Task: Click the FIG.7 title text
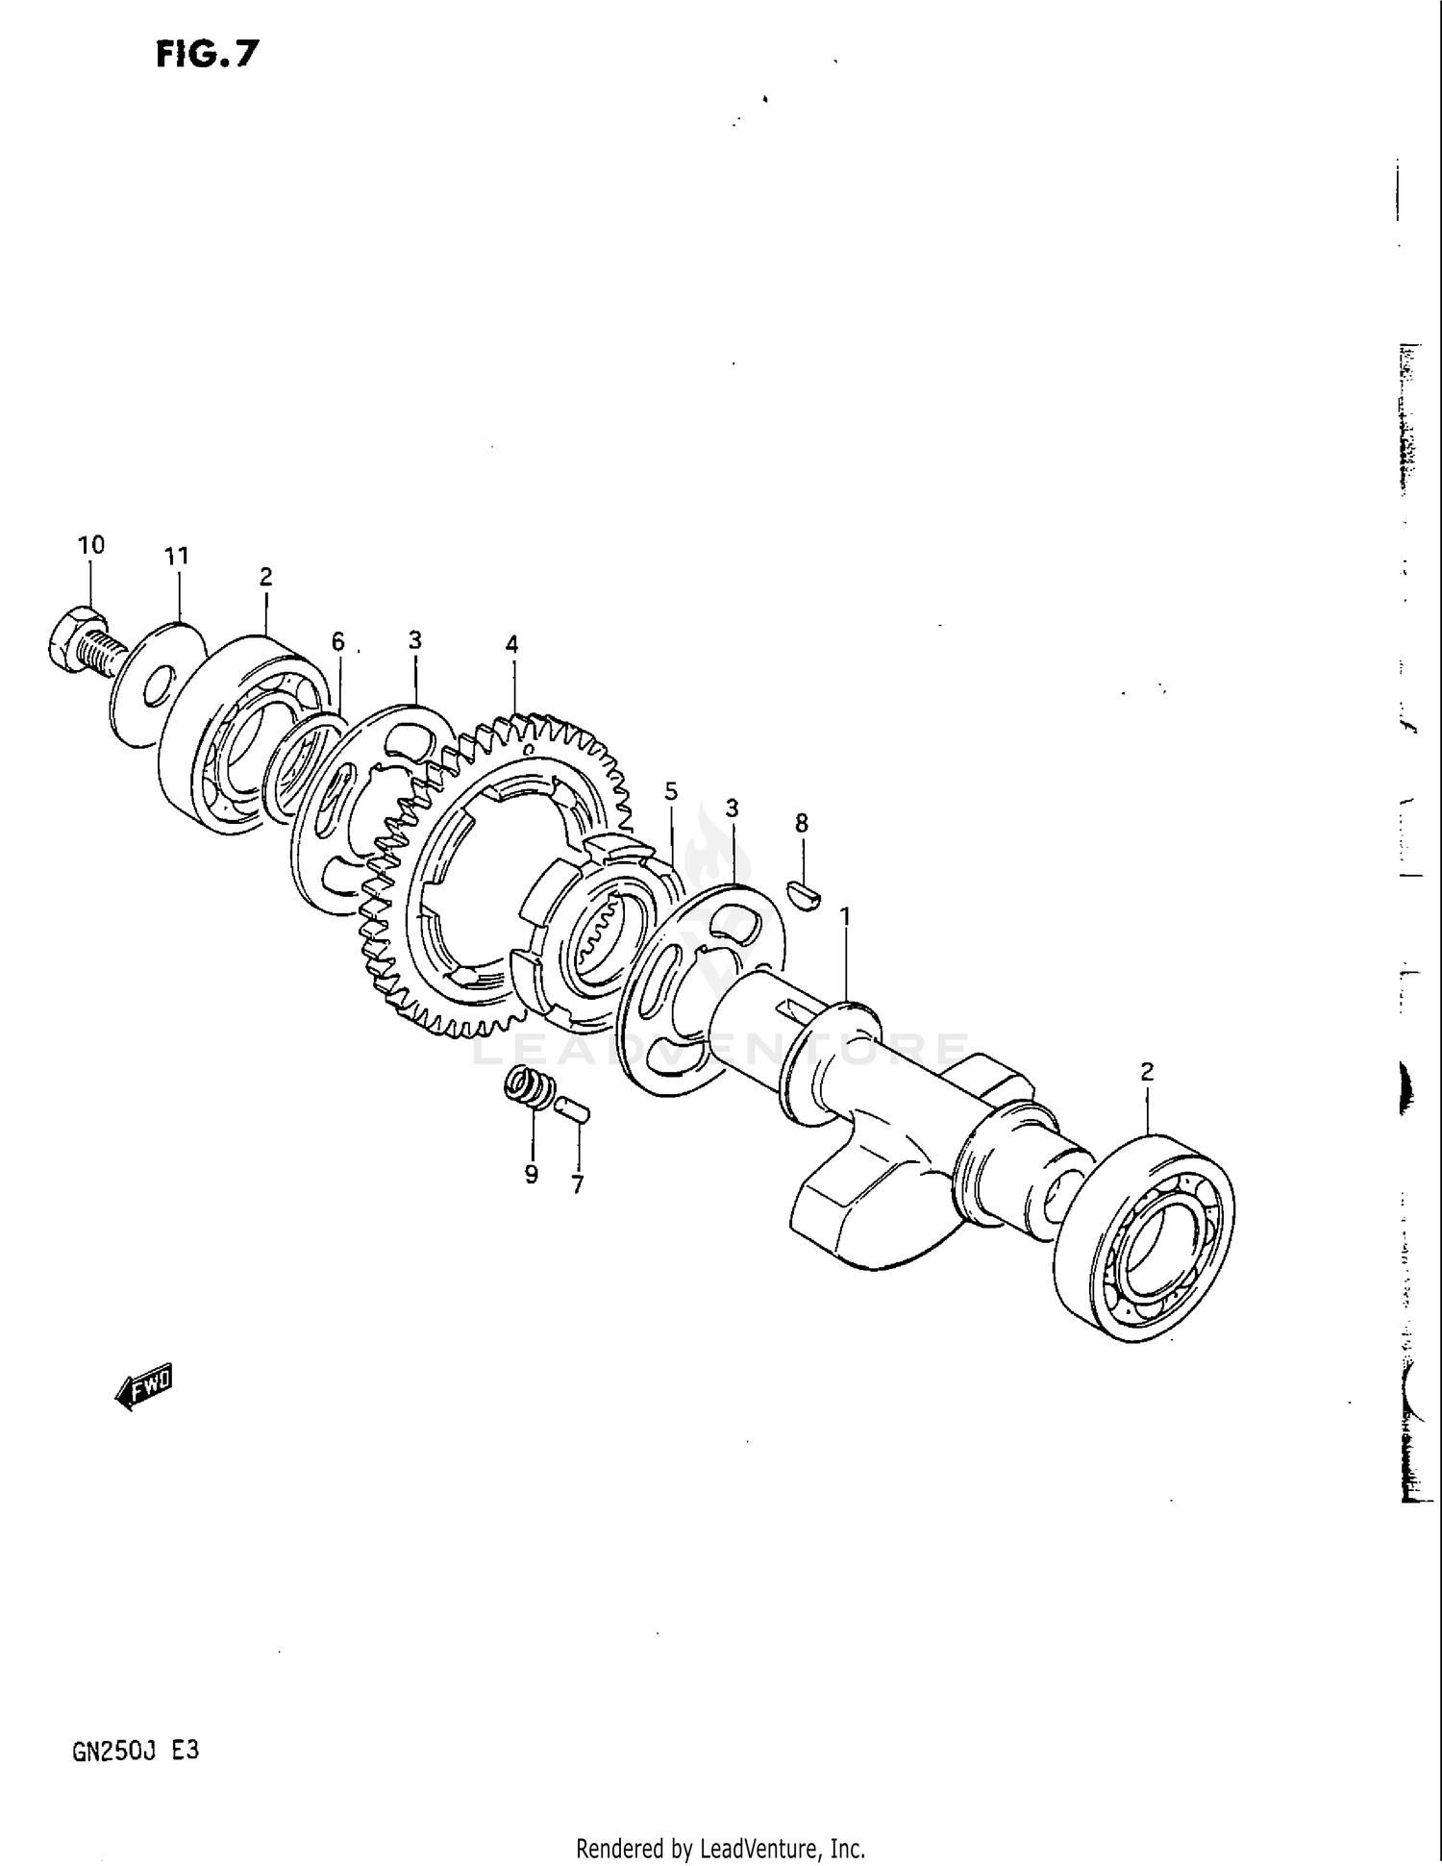207,54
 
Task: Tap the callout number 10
90,545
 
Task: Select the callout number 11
177,556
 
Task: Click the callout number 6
337,641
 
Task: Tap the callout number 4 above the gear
512,644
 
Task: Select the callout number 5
671,791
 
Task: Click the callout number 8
801,823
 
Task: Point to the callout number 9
531,1174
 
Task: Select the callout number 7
578,1185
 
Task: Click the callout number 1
846,916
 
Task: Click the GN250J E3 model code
136,1751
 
